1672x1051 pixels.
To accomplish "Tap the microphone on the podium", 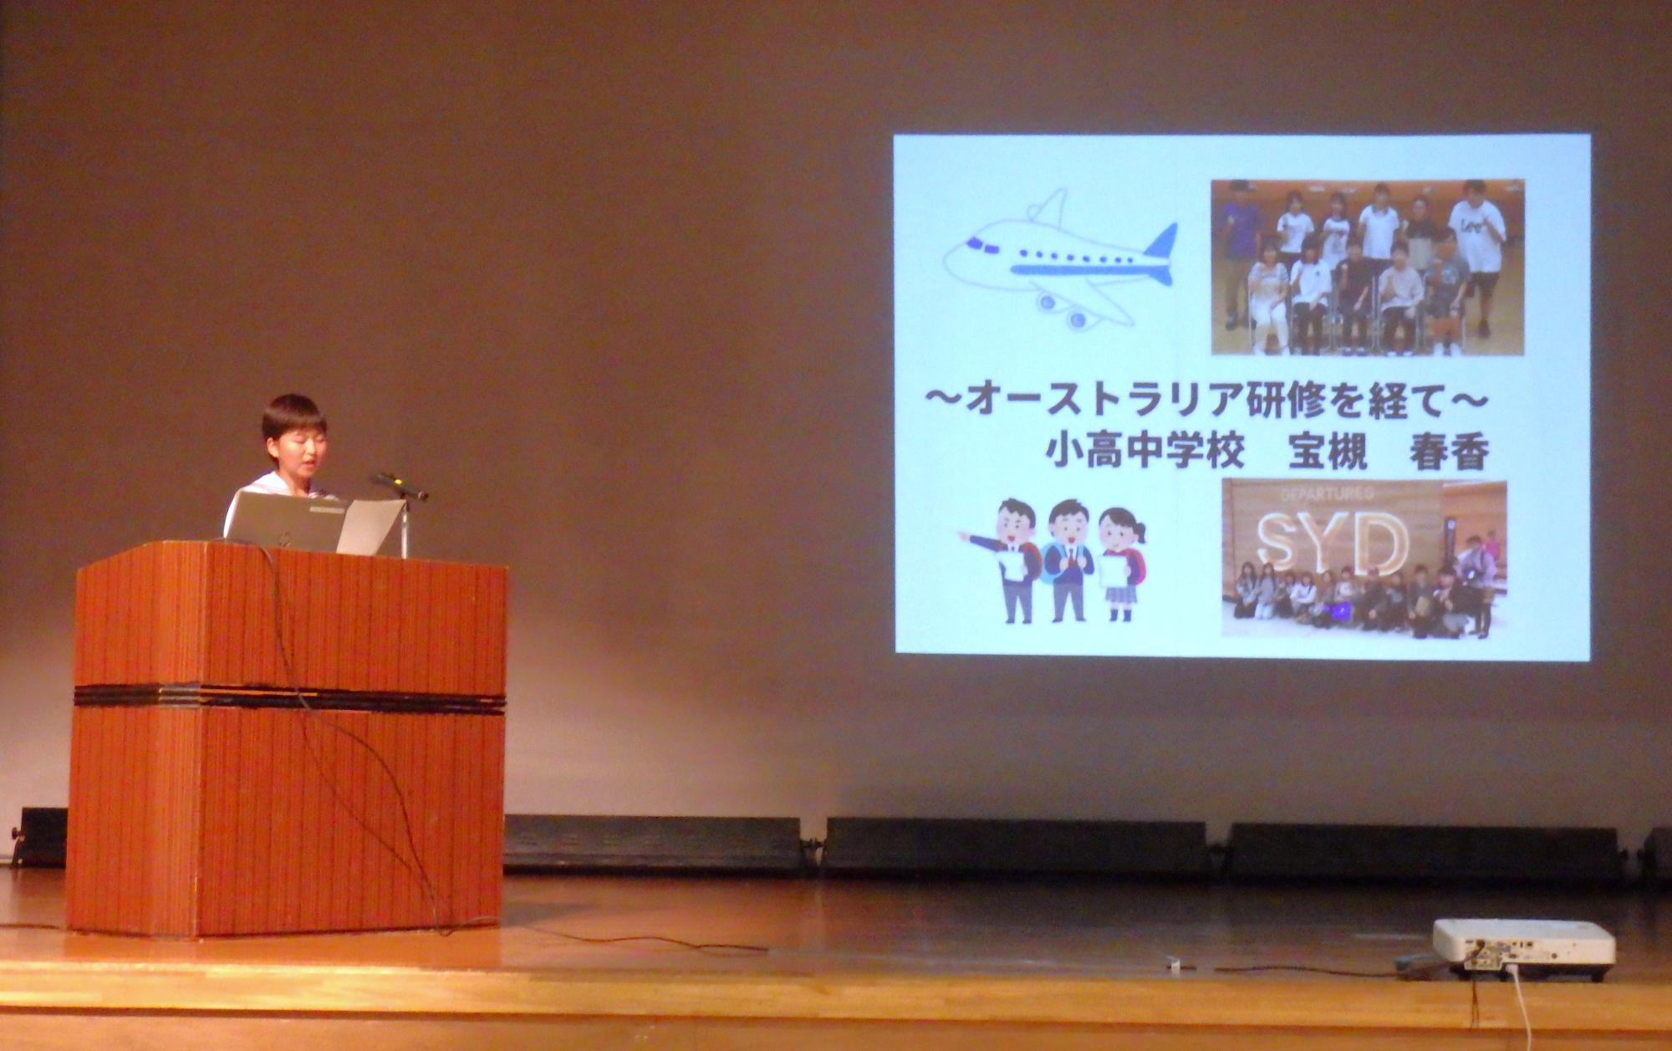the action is click(x=400, y=486).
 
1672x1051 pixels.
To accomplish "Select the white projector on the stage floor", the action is click(x=1523, y=948).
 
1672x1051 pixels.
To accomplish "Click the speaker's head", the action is click(x=294, y=435).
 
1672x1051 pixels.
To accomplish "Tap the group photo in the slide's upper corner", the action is click(x=1368, y=268).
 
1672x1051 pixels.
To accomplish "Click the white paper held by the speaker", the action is click(x=370, y=527).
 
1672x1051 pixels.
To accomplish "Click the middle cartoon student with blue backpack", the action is click(x=1068, y=560).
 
